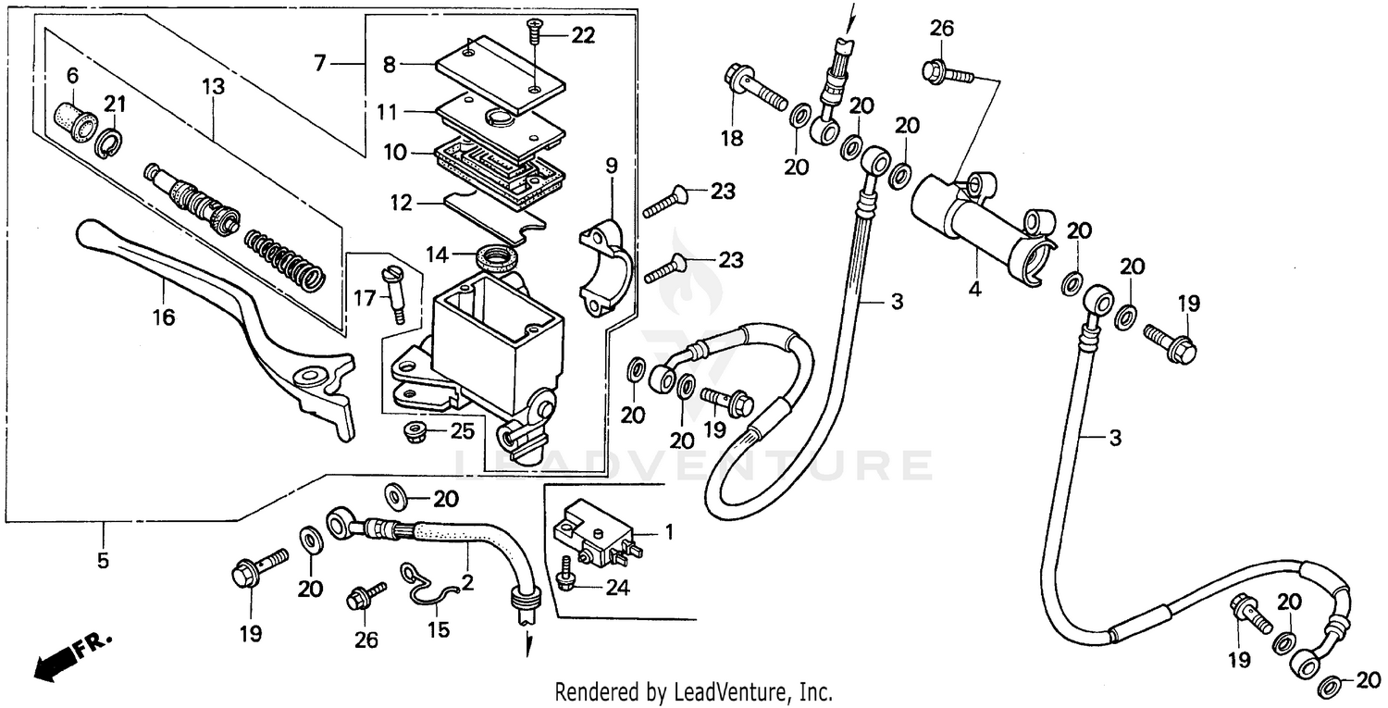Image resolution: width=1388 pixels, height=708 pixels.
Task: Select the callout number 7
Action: point(320,64)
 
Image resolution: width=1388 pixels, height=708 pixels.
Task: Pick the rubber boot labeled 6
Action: point(73,118)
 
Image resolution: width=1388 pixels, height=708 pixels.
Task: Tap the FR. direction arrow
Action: point(69,652)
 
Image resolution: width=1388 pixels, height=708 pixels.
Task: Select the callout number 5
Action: point(103,560)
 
